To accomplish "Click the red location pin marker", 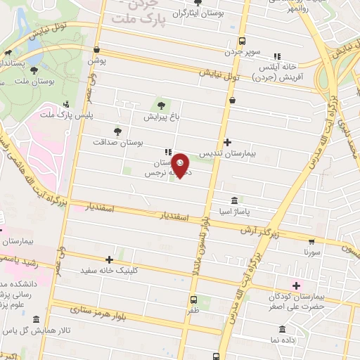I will pyautogui.click(x=181, y=165).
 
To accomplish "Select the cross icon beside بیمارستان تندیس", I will pyautogui.click(x=227, y=142).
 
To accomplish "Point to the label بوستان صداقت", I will pyautogui.click(x=118, y=142).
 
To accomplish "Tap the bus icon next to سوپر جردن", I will pyautogui.click(x=243, y=41).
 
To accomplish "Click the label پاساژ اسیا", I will pyautogui.click(x=252, y=210).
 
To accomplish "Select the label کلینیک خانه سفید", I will pyautogui.click(x=108, y=270).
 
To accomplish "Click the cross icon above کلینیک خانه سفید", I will pyautogui.click(x=108, y=259).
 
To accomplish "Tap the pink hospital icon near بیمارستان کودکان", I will pyautogui.click(x=296, y=285).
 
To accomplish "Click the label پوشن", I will pyautogui.click(x=96, y=61).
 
